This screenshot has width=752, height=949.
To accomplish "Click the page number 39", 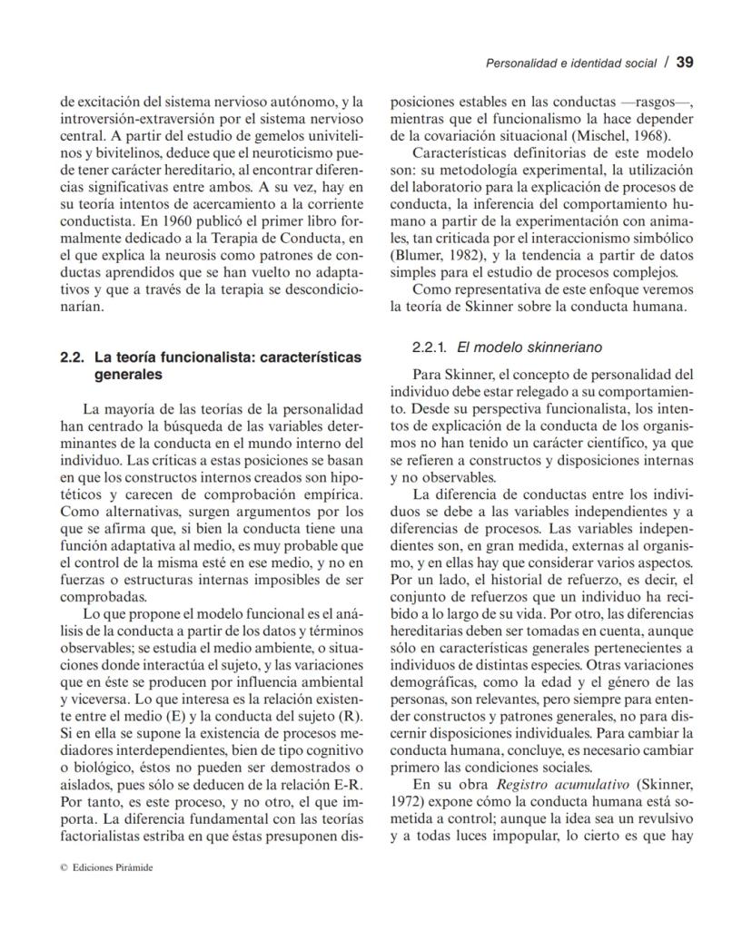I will [685, 63].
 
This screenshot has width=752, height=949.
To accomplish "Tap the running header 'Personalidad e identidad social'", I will [570, 64].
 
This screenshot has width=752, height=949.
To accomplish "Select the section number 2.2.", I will [72, 357].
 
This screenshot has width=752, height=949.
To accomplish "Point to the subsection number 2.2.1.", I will [430, 347].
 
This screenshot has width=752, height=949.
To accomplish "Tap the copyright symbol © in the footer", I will [64, 866].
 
